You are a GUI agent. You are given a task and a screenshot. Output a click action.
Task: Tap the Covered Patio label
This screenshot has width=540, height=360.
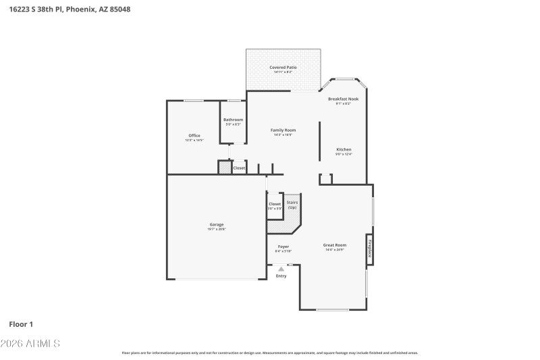283,68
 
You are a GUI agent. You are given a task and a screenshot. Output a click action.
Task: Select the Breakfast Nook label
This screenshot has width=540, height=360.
343,99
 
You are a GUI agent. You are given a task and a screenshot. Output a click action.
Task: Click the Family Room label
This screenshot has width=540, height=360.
283,130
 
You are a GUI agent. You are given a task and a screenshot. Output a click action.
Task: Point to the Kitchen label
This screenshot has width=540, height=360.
344,149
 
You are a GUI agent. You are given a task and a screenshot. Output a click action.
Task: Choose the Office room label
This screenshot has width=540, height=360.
194,136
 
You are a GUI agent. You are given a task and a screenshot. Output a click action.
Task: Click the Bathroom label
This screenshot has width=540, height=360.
233,120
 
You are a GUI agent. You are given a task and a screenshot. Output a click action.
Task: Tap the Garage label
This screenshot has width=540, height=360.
216,224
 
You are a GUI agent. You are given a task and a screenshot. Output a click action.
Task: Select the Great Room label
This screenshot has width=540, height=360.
335,245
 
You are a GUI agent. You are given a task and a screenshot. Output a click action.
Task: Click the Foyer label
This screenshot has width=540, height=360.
283,247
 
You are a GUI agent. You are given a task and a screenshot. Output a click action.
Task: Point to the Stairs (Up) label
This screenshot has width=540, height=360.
292,205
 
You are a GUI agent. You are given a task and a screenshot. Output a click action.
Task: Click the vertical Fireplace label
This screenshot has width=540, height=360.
370,250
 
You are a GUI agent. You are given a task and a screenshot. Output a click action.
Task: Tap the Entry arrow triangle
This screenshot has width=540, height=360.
281,269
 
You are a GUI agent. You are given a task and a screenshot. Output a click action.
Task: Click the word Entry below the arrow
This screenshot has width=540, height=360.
281,276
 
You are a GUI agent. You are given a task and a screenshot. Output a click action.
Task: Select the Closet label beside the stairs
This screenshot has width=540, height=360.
275,204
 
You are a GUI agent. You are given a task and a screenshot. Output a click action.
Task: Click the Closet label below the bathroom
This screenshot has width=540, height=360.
239,168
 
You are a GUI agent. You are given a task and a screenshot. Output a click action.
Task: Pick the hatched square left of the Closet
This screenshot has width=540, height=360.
224,167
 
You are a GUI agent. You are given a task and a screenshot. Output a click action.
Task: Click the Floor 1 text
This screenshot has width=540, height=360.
21,324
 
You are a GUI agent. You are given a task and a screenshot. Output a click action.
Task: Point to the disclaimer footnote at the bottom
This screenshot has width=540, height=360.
269,353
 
